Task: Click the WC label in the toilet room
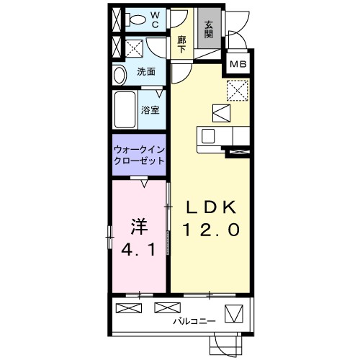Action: tap(156, 20)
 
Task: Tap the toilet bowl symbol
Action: tap(135, 19)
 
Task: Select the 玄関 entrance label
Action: tap(209, 30)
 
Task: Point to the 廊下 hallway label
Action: tap(181, 45)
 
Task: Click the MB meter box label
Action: tap(238, 64)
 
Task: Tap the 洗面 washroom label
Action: tap(146, 72)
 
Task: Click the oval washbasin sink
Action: tap(120, 76)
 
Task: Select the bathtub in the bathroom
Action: tap(125, 110)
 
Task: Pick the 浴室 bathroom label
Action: tap(150, 110)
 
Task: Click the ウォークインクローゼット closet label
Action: tap(139, 155)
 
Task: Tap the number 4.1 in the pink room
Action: tap(139, 251)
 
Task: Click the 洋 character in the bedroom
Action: tap(139, 227)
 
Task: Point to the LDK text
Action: tap(211, 207)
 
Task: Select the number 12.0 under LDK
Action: tap(211, 230)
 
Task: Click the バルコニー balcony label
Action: tap(194, 321)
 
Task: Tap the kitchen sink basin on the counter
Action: tap(208, 136)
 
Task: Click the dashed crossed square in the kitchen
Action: tap(238, 91)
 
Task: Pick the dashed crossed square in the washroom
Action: tap(134, 48)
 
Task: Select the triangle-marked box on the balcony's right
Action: tap(234, 313)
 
